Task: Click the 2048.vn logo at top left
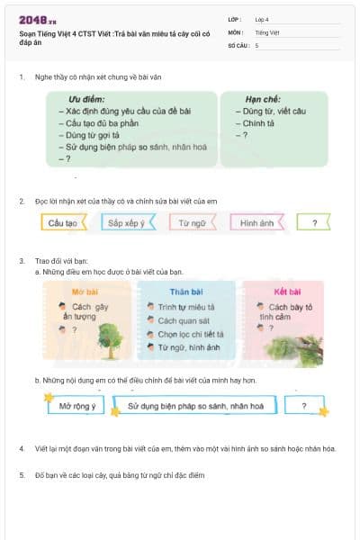pos(37,19)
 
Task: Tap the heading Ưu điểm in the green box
pos(88,99)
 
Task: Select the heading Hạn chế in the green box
pos(265,99)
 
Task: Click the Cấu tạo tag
pos(63,222)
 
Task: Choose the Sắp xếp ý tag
pos(126,222)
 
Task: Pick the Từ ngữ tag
pos(192,222)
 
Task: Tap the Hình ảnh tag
pos(256,222)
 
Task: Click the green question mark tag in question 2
pos(313,222)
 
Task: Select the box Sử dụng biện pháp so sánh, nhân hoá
pos(195,407)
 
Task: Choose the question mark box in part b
pos(304,407)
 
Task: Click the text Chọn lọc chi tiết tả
pos(190,333)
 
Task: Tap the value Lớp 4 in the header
pos(262,19)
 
